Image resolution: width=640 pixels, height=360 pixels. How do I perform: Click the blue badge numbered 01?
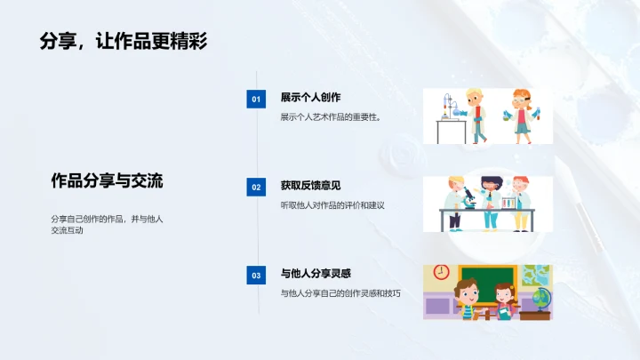(256, 100)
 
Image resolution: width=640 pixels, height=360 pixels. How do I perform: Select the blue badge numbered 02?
(256, 188)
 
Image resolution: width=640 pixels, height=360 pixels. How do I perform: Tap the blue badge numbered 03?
(256, 276)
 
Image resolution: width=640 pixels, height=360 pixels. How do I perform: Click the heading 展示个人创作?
(311, 98)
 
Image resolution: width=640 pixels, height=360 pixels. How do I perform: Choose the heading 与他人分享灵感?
(316, 274)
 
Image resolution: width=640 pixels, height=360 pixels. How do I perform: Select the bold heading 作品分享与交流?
(107, 180)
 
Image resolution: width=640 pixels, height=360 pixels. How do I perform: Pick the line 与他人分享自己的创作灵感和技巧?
(340, 292)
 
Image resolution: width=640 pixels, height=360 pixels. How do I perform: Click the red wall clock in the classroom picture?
(440, 272)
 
